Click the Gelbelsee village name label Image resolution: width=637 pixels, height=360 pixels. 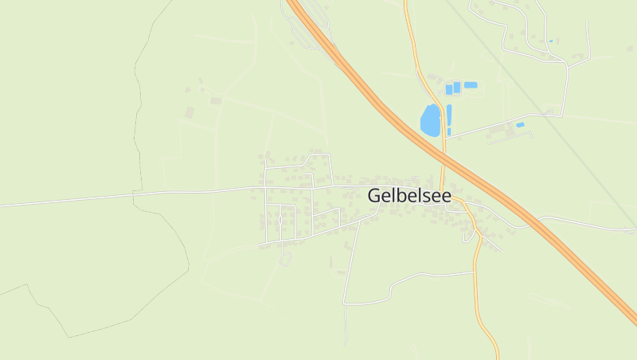pyautogui.click(x=409, y=195)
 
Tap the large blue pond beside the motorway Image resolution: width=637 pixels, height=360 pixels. pyautogui.click(x=430, y=120)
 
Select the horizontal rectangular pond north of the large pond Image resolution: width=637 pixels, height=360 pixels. pyautogui.click(x=471, y=84)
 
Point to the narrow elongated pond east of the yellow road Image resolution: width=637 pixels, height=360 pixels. pyautogui.click(x=449, y=115)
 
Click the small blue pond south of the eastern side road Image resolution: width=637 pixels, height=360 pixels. pyautogui.click(x=520, y=125)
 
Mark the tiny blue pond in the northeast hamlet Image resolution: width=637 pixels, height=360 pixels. pyautogui.click(x=550, y=41)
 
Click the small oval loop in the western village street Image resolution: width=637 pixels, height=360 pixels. pyautogui.click(x=280, y=220)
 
